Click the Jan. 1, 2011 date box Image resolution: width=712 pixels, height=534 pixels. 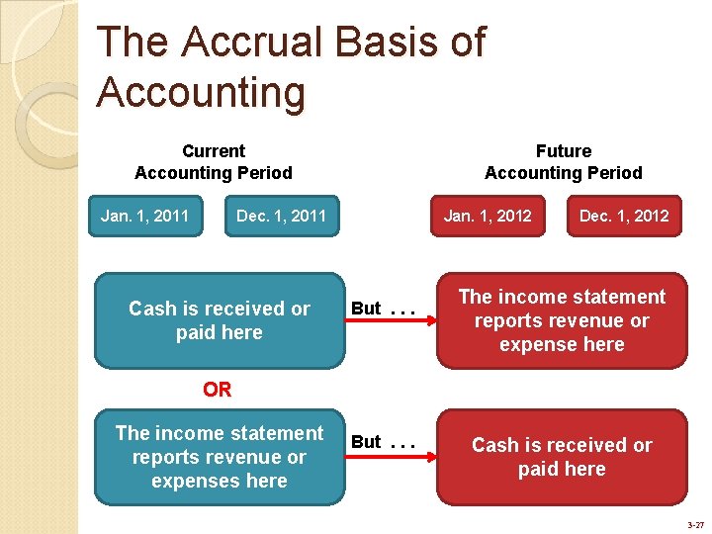click(x=144, y=216)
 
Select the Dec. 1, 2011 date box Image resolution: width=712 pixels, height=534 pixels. click(x=281, y=216)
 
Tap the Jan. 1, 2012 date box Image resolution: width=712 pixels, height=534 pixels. click(x=488, y=216)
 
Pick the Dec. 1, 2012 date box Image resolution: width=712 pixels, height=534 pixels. click(x=624, y=216)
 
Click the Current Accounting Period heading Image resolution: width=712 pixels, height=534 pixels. click(x=214, y=162)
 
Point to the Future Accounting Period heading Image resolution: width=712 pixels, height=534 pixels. click(x=563, y=162)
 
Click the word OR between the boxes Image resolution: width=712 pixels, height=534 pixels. click(x=218, y=390)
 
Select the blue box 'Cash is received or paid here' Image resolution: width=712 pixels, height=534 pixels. click(x=219, y=320)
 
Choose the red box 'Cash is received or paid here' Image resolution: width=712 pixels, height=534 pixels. click(x=562, y=457)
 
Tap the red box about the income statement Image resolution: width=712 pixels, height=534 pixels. click(x=562, y=320)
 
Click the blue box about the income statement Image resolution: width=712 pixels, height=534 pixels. click(x=219, y=457)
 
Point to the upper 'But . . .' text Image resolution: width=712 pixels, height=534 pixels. click(x=382, y=309)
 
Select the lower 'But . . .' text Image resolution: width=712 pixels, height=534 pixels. click(x=382, y=442)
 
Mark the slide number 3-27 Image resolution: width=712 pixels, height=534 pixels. click(x=694, y=525)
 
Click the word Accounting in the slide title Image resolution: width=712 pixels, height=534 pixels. click(x=201, y=92)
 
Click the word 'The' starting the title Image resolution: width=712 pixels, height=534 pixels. click(x=133, y=43)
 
